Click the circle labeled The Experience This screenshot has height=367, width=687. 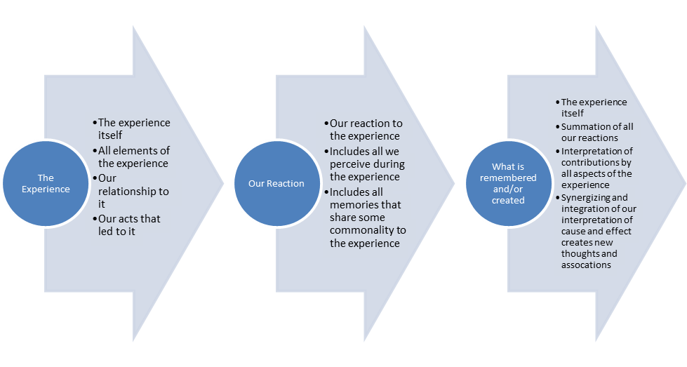(46, 184)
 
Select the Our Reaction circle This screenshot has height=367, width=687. (276, 184)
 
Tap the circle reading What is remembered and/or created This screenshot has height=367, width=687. (508, 184)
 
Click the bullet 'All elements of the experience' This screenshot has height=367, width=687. (133, 156)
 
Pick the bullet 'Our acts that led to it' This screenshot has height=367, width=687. (129, 225)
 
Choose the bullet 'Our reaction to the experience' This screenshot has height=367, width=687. (366, 130)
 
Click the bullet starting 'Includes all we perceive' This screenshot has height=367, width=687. (367, 164)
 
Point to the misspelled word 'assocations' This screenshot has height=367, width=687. (586, 265)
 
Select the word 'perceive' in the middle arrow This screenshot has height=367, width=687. (352, 164)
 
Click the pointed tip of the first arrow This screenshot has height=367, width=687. (223, 184)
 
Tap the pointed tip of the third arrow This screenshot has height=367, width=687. (684, 184)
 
